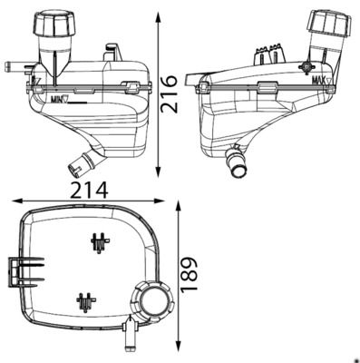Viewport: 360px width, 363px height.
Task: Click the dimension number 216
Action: tap(169, 94)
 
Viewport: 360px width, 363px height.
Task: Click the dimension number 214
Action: tap(89, 190)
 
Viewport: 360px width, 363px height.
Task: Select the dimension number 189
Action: tap(189, 275)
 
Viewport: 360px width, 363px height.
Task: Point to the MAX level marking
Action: tap(322, 81)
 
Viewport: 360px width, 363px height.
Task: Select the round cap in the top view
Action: tap(152, 300)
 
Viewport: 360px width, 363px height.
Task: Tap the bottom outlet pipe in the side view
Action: tap(237, 162)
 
